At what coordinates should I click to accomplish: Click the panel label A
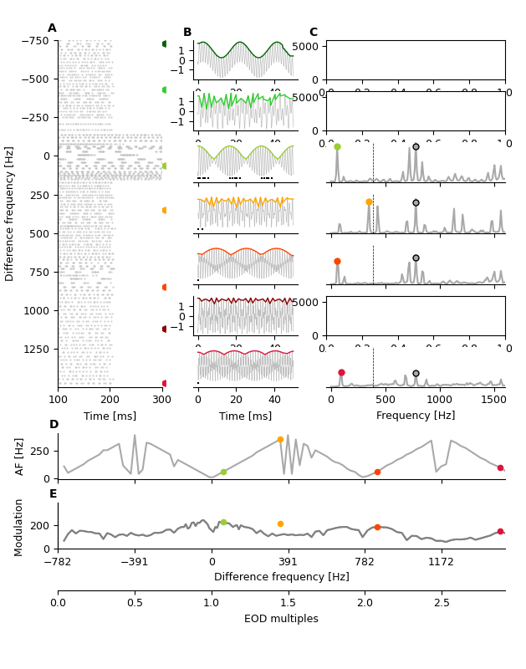(52, 28)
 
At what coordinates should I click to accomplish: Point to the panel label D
(54, 425)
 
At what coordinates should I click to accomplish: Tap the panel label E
(54, 494)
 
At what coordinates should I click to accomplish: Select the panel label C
(314, 33)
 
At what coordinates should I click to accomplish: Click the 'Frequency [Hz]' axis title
(416, 416)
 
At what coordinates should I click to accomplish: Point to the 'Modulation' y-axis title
(19, 528)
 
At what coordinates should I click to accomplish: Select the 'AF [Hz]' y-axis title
(19, 457)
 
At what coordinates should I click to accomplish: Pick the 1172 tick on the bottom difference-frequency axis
(441, 562)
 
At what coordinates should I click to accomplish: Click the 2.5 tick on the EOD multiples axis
(442, 603)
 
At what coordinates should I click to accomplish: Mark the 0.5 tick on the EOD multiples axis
(135, 603)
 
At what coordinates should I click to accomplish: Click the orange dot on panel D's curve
(280, 440)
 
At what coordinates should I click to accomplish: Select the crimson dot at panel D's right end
(500, 468)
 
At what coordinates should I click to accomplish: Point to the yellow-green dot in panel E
(223, 522)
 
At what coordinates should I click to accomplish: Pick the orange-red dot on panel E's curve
(377, 528)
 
